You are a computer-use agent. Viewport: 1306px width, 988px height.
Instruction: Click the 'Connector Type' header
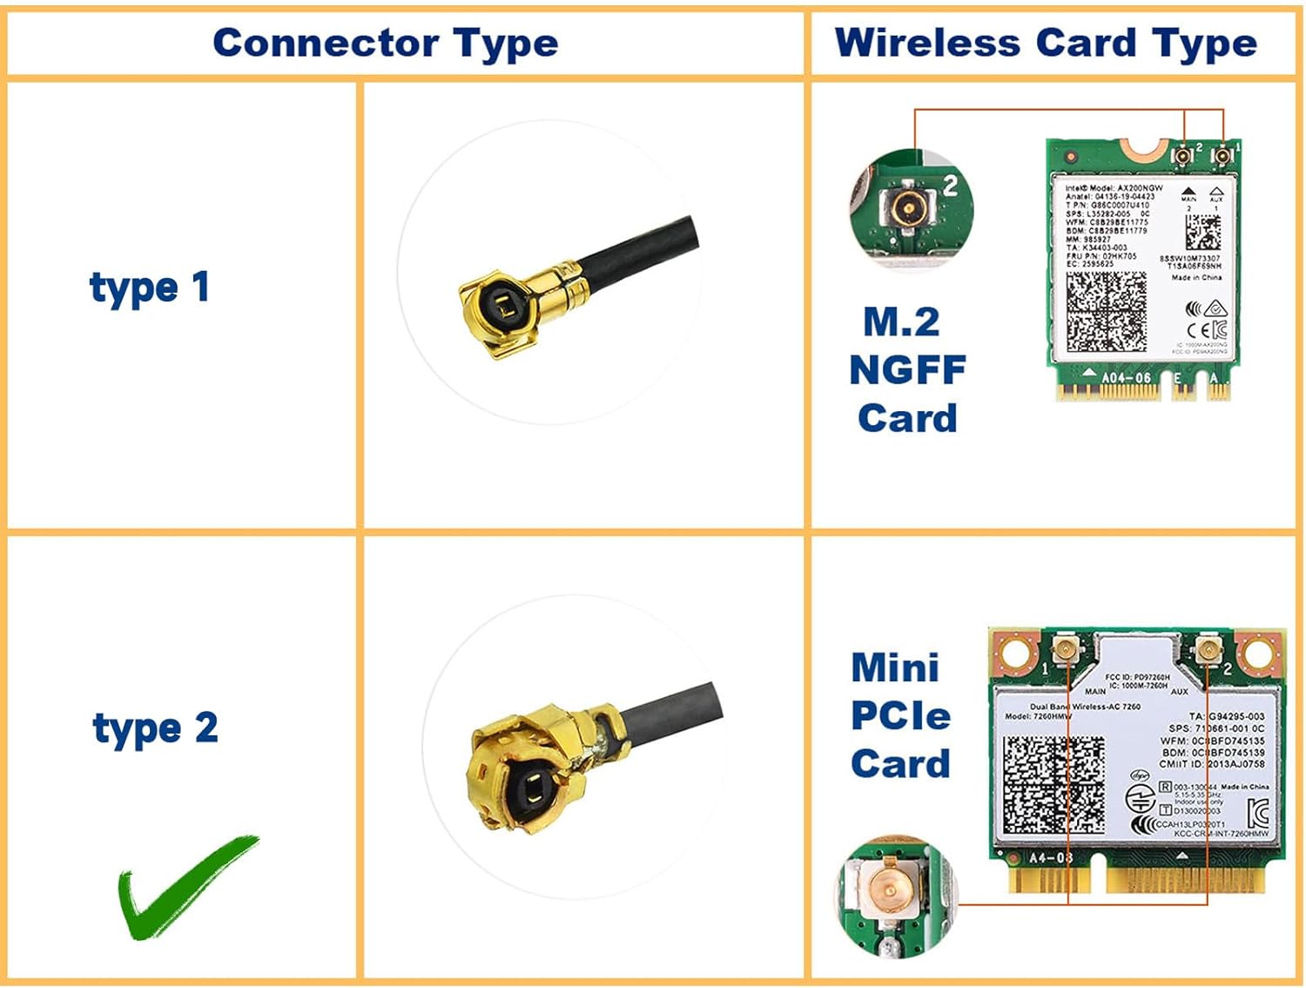(386, 44)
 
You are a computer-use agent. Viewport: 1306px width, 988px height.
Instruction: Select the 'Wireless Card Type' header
(1046, 44)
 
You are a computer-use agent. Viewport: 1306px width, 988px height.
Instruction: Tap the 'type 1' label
(150, 288)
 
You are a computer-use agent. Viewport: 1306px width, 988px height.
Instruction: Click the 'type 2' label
(155, 728)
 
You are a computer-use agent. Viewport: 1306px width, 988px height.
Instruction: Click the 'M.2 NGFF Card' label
(907, 369)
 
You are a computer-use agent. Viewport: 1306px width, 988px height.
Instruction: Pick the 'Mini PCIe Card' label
(900, 715)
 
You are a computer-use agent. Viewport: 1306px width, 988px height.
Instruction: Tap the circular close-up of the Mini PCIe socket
(895, 897)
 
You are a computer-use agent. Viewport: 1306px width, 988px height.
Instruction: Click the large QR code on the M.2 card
(1106, 312)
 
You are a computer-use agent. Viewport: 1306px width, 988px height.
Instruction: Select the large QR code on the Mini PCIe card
(1054, 785)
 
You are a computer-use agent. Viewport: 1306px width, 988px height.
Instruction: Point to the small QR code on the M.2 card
(1202, 232)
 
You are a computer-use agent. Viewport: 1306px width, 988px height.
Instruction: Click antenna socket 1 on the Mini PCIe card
(1065, 647)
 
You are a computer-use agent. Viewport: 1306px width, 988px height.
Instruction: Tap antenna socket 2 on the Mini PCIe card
(1208, 647)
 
